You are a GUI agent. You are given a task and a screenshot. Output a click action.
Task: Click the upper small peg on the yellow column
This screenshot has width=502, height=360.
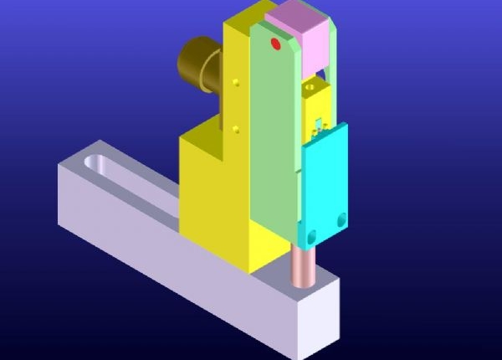pos(237,82)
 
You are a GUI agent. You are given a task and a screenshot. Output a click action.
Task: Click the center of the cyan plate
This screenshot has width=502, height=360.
pos(325,184)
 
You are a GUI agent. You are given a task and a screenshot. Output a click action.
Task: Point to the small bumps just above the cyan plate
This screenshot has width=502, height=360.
pos(318,126)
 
